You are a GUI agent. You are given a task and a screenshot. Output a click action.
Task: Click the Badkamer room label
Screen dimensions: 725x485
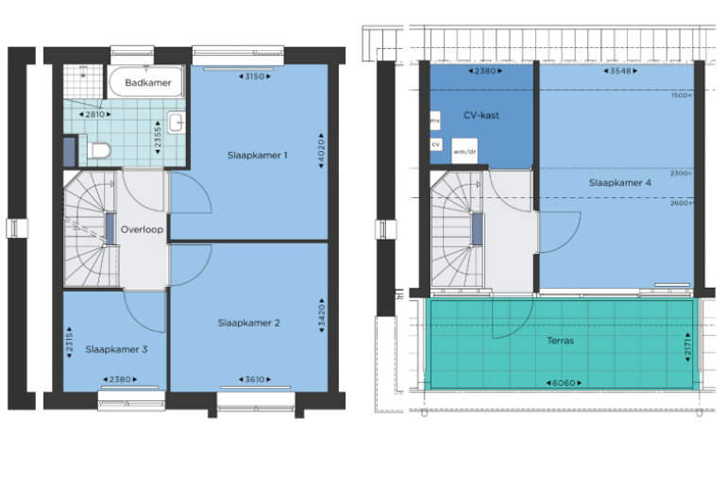(148, 83)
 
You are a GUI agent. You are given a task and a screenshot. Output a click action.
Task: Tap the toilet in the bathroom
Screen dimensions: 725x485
(99, 150)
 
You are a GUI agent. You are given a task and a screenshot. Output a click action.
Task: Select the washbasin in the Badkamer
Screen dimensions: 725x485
(177, 122)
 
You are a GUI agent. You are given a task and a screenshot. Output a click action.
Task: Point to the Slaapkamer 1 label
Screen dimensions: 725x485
(257, 156)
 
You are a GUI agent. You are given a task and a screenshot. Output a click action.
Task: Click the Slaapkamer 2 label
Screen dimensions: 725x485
(249, 323)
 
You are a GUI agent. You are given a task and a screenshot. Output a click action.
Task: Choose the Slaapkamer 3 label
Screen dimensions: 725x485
(116, 349)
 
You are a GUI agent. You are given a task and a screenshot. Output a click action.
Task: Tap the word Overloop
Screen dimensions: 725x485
(142, 229)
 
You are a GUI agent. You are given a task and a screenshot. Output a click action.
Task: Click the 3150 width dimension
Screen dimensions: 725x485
(254, 76)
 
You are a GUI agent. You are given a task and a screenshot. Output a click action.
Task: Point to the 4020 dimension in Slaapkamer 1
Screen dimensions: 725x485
(321, 151)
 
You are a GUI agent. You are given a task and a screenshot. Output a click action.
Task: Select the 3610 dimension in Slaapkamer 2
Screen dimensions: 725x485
(254, 379)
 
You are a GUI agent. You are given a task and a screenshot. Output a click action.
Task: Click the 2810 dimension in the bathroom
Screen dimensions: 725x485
(94, 114)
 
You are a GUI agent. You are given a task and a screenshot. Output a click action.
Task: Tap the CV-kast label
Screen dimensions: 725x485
(481, 115)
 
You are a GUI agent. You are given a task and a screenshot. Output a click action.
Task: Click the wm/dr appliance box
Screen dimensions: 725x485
(464, 151)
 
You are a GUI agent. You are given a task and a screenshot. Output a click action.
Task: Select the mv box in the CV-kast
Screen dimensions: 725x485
(435, 121)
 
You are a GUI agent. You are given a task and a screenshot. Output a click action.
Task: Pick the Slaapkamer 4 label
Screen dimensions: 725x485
(619, 183)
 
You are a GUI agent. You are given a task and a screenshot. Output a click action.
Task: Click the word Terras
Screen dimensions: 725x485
(560, 341)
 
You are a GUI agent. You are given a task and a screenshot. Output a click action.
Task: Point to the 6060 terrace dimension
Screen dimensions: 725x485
(564, 383)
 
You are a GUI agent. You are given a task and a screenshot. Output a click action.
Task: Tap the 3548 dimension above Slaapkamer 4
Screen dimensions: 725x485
(620, 71)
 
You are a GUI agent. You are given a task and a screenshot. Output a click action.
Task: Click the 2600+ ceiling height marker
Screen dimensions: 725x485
(681, 203)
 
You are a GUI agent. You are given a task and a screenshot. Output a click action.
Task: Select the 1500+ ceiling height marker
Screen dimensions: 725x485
(681, 95)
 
